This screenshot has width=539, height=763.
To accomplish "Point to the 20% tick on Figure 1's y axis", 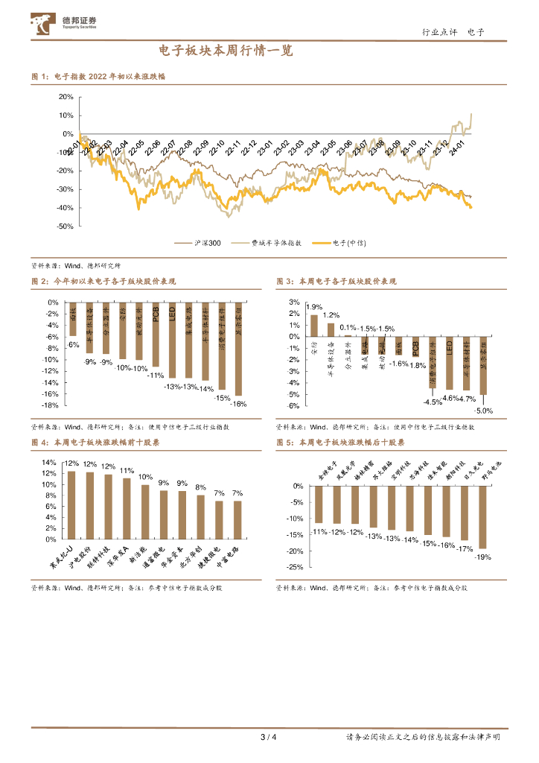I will [66, 97].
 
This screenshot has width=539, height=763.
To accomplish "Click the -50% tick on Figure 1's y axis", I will [65, 226].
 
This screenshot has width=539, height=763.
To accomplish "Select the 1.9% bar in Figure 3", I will [314, 325].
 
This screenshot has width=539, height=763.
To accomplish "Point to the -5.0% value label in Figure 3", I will [484, 411].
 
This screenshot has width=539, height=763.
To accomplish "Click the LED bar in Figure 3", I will [449, 363].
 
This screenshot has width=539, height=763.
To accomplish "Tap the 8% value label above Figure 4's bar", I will [200, 487].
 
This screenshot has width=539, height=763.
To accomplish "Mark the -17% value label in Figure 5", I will [465, 549].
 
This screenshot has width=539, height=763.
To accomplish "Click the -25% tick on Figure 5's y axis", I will [294, 568].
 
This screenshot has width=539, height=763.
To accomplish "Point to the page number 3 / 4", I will [269, 738].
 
